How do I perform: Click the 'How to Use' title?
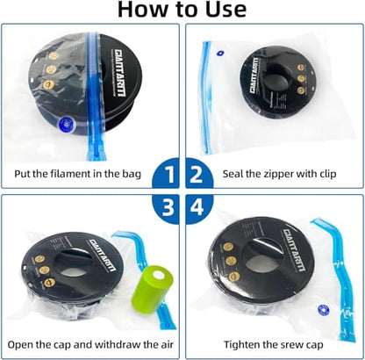tap(182, 10)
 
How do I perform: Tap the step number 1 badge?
tap(166, 173)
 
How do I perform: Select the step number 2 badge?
tap(199, 173)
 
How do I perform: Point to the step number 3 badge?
tap(166, 209)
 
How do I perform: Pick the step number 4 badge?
tap(199, 209)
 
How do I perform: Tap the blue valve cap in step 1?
tap(67, 125)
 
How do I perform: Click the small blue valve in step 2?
tap(220, 54)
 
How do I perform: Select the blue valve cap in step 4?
tap(323, 310)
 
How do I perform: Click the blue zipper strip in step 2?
tap(207, 97)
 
